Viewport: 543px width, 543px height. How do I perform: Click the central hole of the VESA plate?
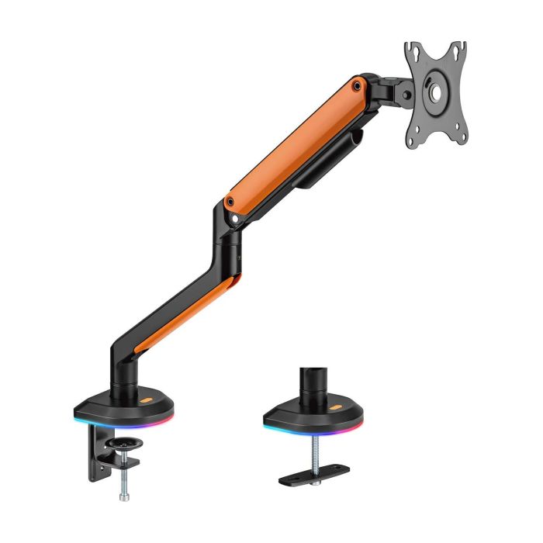[x=435, y=92]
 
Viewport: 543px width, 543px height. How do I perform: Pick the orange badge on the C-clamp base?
[x=147, y=401]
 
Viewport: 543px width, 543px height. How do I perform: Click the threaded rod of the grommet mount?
[x=316, y=454]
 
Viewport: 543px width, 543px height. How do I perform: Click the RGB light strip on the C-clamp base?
[x=124, y=423]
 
